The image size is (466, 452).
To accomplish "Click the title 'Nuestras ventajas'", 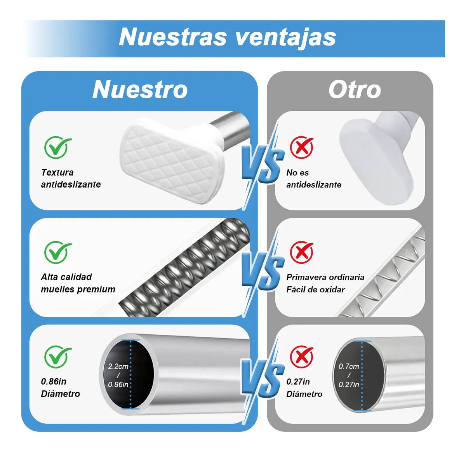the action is tap(227, 37).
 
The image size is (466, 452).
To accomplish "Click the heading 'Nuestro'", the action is tap(140, 90).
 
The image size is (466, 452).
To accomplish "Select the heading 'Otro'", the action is tap(355, 90).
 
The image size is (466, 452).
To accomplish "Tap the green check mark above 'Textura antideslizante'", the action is tap(57, 147).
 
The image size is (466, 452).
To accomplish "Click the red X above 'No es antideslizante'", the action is tap(302, 147).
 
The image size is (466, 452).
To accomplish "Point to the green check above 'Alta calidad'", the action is tap(57, 252).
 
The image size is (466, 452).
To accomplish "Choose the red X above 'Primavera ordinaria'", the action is tap(302, 252).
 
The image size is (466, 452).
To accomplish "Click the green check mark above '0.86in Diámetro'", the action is tap(57, 357).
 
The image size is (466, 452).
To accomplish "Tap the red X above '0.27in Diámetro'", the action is tap(302, 357).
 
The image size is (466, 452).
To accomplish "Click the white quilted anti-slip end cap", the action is tap(171, 162).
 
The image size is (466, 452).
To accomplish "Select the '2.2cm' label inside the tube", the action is tap(118, 367).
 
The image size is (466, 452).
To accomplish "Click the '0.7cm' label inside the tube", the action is tap(349, 367).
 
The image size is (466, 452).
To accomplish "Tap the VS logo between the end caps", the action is tap(263, 165).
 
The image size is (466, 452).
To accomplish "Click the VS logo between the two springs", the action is tap(263, 272).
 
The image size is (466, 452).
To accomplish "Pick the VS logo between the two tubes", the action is tap(263, 378).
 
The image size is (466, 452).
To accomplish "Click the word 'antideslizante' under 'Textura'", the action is tap(71, 184).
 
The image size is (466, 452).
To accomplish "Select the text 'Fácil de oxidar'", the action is tap(315, 290).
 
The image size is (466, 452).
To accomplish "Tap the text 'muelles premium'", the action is tap(78, 289).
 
